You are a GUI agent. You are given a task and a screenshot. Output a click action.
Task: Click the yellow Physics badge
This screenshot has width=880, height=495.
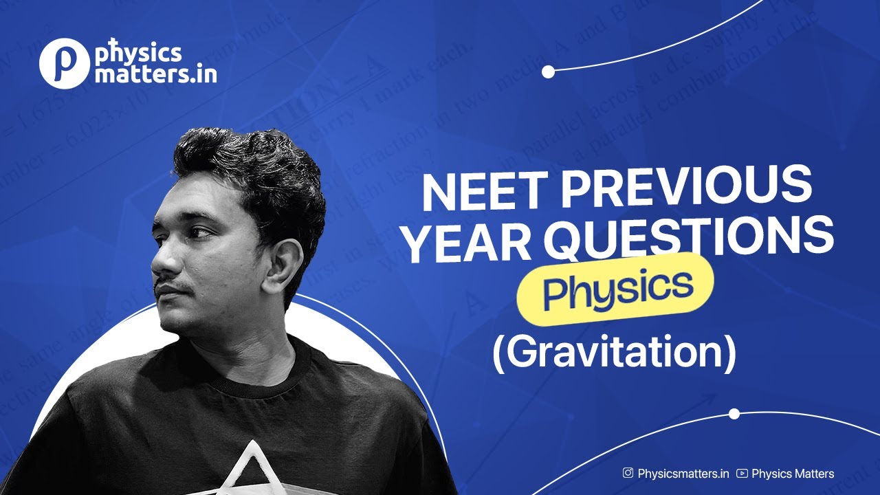(x=615, y=289)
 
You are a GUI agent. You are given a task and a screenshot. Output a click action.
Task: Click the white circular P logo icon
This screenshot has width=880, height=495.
(x=64, y=63)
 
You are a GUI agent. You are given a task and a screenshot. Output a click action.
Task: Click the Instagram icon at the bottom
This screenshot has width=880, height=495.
(x=628, y=473)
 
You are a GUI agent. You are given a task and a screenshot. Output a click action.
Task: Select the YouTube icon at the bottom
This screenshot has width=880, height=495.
(x=742, y=473)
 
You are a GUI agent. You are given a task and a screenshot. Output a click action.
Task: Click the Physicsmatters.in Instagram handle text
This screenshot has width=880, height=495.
(x=683, y=473)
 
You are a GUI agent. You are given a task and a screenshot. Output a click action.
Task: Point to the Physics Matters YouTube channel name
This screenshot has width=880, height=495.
(x=793, y=473)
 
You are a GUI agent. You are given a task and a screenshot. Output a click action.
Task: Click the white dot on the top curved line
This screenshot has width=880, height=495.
(x=548, y=71)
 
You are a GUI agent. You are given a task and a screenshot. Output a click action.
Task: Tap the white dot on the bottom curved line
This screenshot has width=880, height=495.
(x=734, y=414)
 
